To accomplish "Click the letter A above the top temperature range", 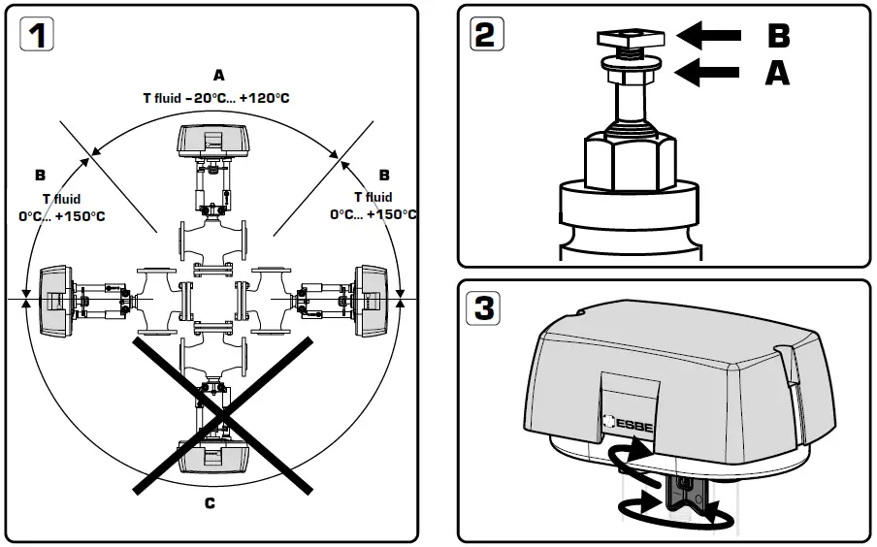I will [x=218, y=75].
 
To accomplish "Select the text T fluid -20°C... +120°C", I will [x=217, y=97].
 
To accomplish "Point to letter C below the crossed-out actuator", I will [x=211, y=502].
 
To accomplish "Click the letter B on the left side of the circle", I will [x=40, y=176].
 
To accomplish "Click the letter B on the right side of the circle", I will [x=384, y=176].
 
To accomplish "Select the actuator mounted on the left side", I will [x=55, y=301].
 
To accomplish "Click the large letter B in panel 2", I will [x=777, y=36].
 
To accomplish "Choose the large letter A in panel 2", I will [x=777, y=73].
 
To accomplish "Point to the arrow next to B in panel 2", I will [x=708, y=36].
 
